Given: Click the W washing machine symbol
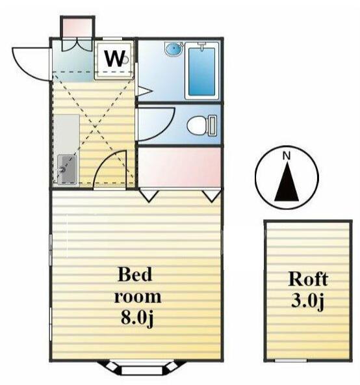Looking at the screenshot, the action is (114, 60).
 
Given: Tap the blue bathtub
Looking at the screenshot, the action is (201, 71).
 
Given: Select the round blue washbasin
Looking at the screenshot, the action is (174, 49).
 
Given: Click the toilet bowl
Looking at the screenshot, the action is (198, 126).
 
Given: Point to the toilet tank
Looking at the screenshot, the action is (212, 126).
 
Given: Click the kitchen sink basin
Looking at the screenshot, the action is (67, 169).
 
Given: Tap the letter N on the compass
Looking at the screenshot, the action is (287, 155).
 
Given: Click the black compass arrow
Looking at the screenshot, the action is (287, 182).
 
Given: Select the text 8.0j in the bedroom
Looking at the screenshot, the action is (137, 319).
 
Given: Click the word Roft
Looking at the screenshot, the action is (308, 280).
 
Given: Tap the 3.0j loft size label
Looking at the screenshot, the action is (308, 300).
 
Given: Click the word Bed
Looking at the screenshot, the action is (135, 274).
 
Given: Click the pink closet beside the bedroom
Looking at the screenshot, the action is (179, 167).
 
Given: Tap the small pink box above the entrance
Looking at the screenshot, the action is (77, 27).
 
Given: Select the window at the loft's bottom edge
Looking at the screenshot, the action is (291, 360).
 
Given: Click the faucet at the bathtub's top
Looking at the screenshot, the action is (201, 46).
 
